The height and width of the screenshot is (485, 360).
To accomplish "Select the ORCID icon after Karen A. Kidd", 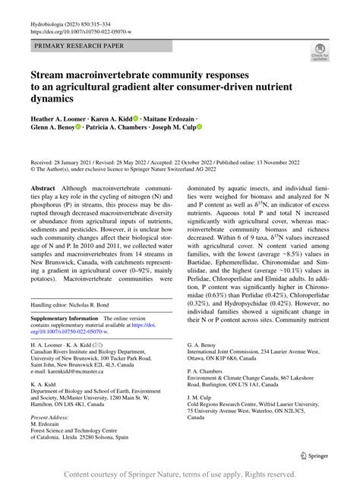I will (136, 119).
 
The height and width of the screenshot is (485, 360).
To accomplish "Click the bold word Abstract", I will (43, 187).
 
